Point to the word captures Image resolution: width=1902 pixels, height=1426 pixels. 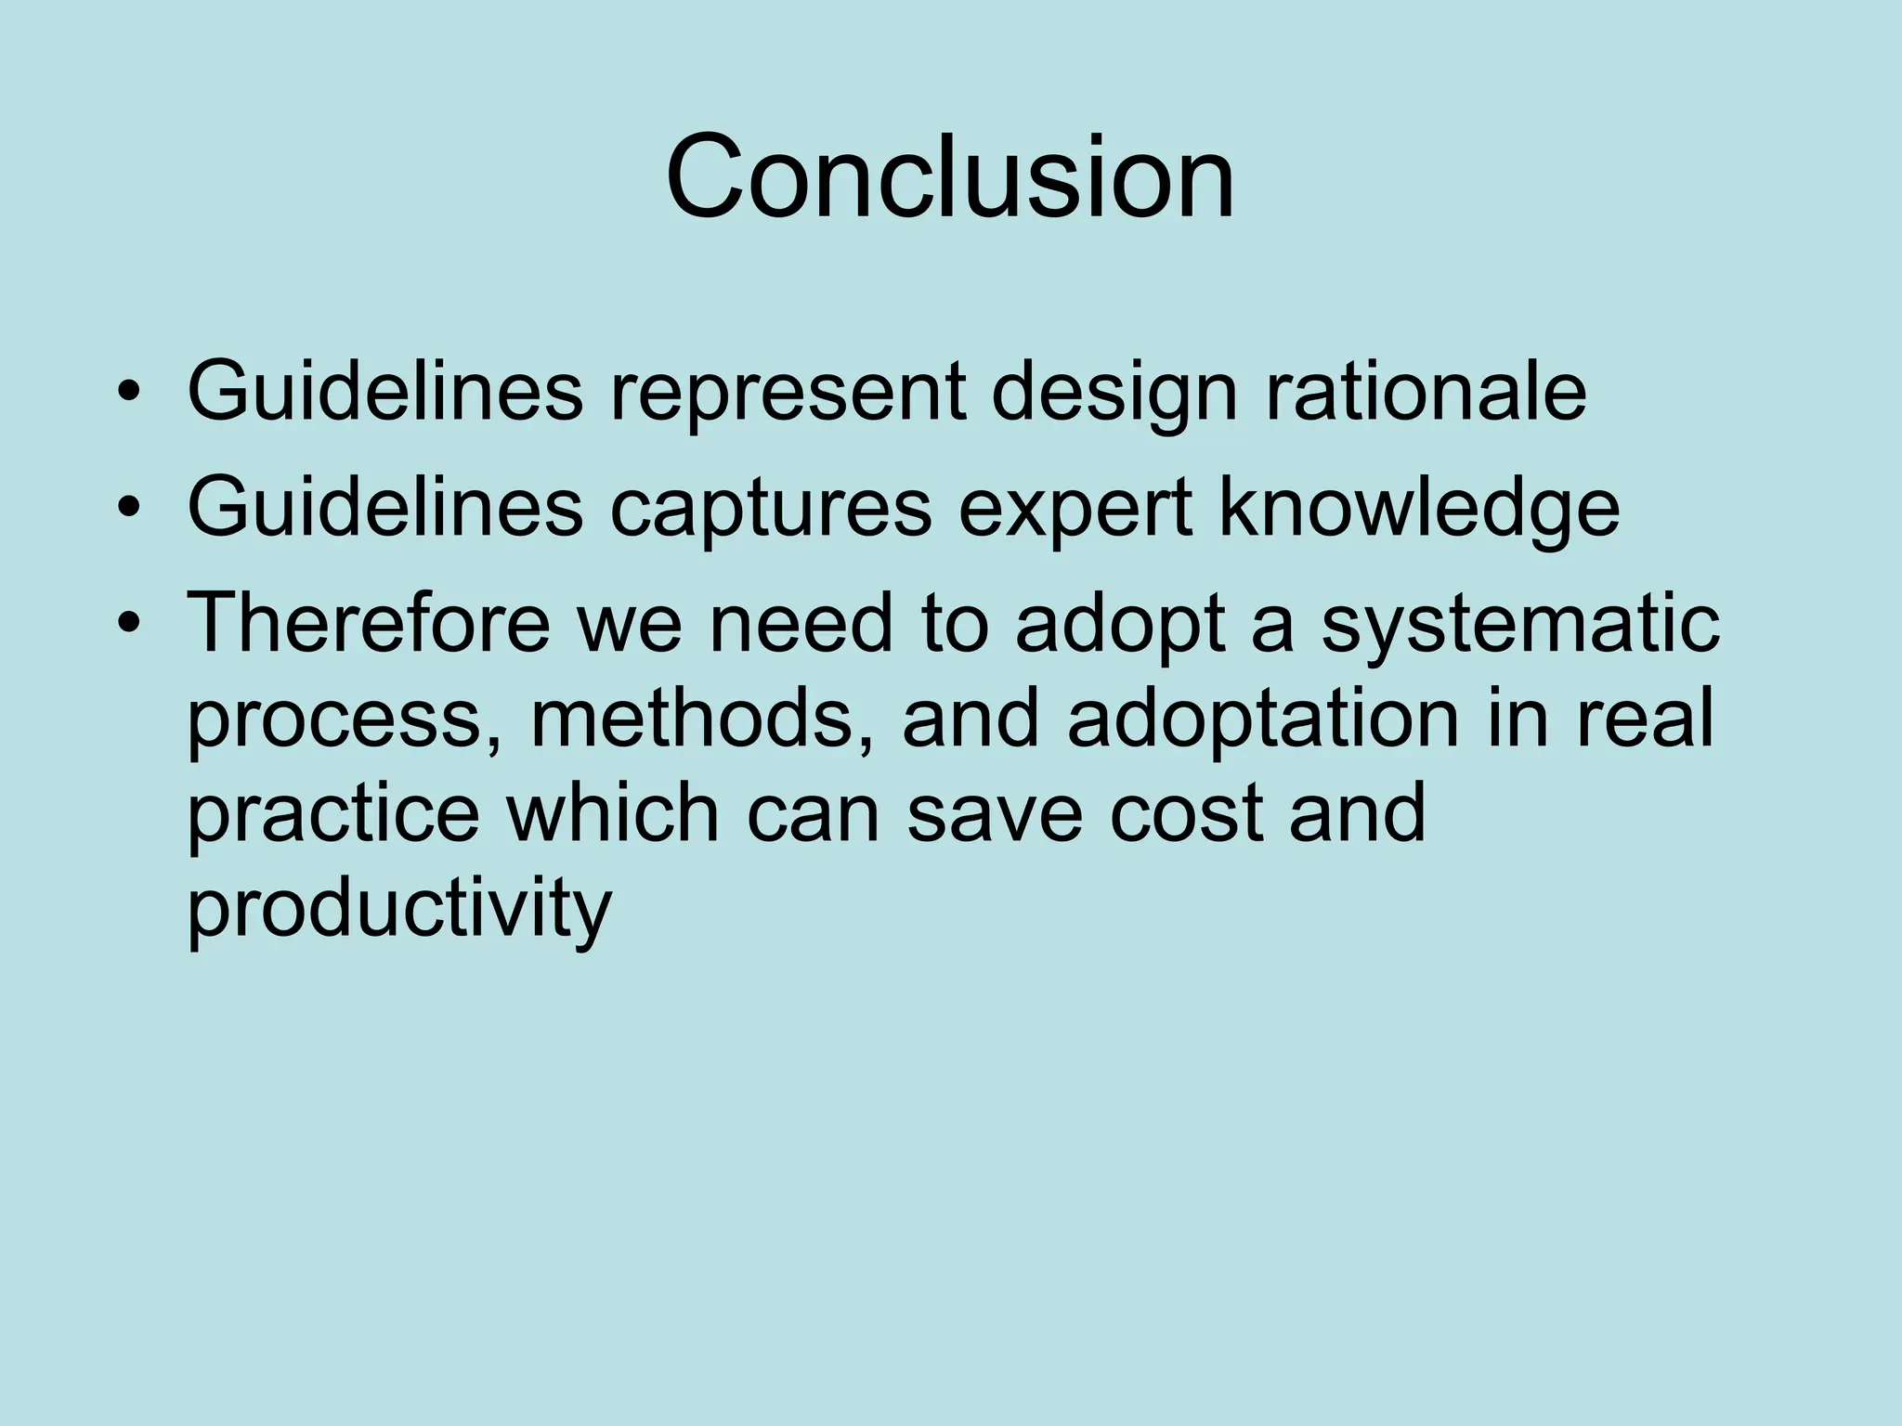[x=770, y=511]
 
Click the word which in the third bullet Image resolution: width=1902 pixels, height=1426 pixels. [x=612, y=811]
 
